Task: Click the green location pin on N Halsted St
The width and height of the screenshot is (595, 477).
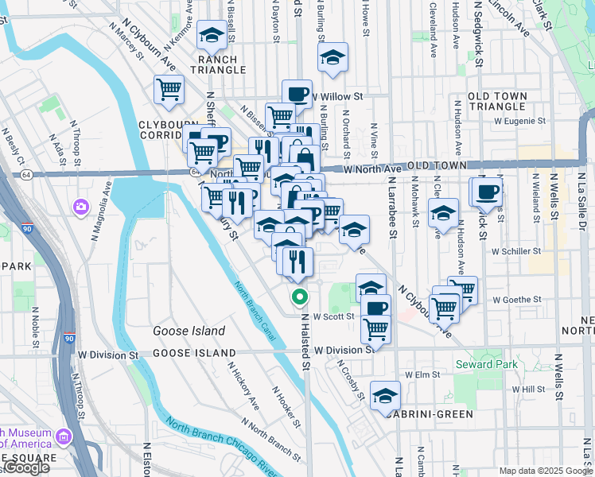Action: pos(300,297)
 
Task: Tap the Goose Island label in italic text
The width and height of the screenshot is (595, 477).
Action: pos(189,331)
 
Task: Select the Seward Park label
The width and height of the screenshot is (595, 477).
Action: pos(486,365)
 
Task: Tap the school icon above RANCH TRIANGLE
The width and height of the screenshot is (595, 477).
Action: pos(212,35)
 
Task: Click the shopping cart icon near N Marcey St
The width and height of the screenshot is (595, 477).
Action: pos(169,91)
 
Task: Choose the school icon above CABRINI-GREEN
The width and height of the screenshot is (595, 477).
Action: pos(386,395)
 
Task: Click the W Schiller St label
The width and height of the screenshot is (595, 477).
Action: pos(516,250)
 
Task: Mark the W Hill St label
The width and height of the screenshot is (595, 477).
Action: pos(528,390)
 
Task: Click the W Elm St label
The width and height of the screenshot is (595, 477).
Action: pos(422,374)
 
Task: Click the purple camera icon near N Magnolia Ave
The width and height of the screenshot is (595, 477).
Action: pos(81,207)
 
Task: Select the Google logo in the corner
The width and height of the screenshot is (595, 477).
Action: pos(26,468)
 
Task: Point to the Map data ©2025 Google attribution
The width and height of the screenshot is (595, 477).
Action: pos(545,471)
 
